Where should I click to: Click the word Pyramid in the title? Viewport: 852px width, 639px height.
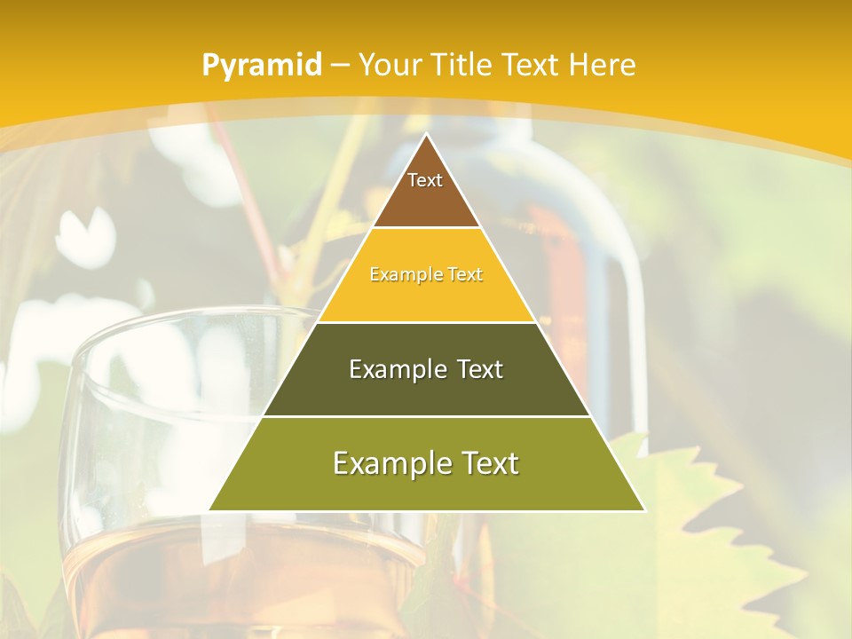point(261,66)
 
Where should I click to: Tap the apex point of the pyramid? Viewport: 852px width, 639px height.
point(427,135)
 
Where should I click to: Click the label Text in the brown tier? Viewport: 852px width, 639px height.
point(425,180)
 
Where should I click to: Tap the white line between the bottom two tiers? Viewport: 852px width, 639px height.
point(426,416)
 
